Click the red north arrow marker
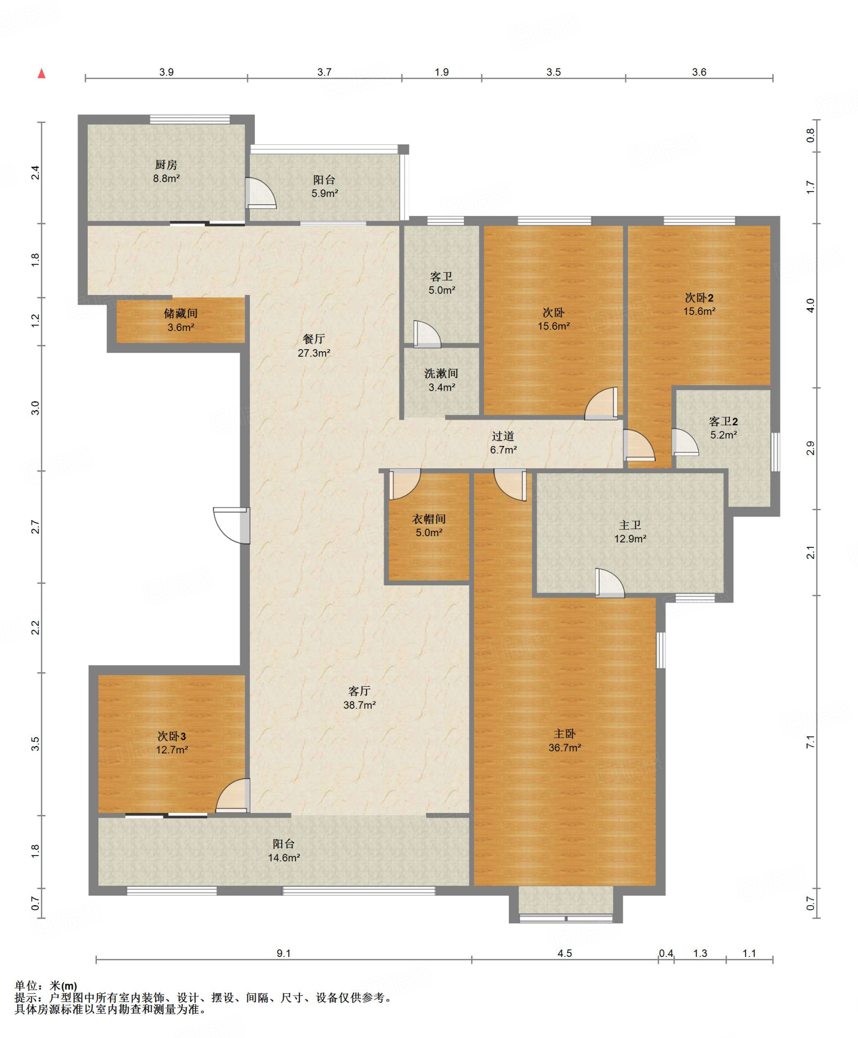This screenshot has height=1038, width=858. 42,74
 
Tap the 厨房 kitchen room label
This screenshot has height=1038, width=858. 166,165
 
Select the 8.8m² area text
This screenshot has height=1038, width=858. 166,178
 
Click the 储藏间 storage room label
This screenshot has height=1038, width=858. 180,314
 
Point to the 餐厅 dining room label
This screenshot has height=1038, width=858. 314,339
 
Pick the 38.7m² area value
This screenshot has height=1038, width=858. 359,705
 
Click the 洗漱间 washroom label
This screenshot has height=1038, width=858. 441,374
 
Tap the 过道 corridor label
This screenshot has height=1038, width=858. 503,436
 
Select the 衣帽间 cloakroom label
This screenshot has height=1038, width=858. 429,519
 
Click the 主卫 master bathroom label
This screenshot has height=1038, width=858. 630,526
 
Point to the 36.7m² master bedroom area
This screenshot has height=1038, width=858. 565,748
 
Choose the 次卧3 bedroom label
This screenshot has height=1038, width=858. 171,736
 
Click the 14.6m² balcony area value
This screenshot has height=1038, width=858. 284,858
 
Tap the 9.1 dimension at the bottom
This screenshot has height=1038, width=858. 284,953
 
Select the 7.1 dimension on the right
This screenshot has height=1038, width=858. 810,742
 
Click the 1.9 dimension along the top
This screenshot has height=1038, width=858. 441,72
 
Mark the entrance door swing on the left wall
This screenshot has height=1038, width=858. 232,526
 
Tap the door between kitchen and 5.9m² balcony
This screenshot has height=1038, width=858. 260,193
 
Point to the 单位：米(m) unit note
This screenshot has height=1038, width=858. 46,986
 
